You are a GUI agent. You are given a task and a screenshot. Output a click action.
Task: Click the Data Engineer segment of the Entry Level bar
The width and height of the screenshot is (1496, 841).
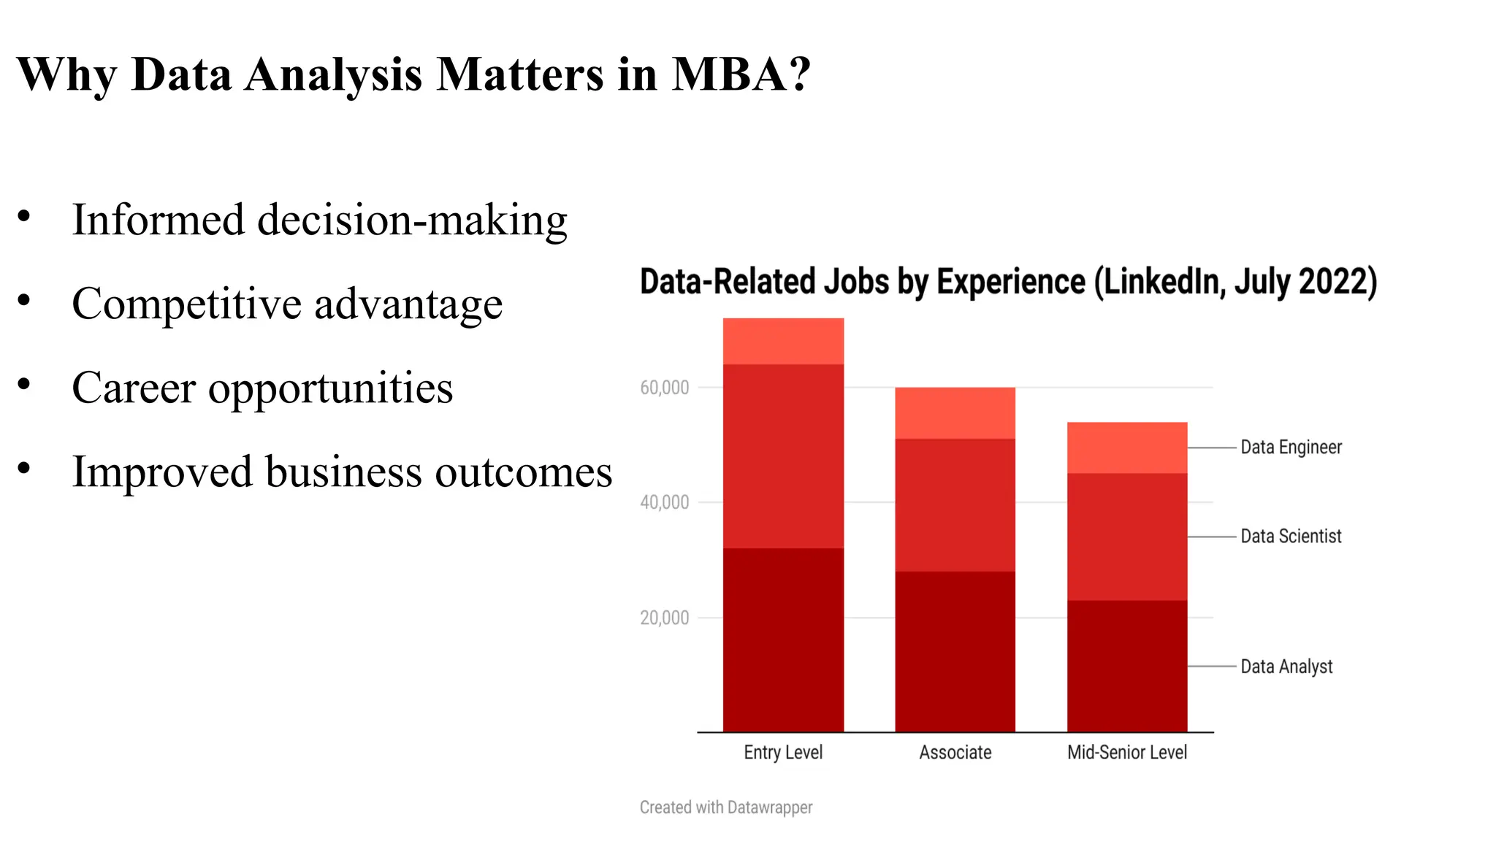[x=783, y=341]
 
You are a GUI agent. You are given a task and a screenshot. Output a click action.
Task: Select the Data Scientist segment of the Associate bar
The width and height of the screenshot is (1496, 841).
[x=955, y=504]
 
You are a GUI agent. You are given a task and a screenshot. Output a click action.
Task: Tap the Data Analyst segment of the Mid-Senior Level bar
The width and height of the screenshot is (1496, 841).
[x=1127, y=666]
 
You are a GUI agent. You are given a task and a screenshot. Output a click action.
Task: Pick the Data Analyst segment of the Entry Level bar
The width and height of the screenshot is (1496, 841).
[x=783, y=640]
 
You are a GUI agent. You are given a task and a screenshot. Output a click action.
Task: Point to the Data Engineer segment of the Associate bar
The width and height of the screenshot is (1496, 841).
[x=955, y=412]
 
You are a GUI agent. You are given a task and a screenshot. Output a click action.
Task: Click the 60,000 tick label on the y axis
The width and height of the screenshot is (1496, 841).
[x=664, y=388]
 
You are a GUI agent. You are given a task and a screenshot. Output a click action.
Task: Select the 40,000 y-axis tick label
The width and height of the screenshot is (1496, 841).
[x=664, y=502]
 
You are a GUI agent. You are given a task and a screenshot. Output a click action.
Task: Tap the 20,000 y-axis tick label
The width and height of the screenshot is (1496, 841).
[x=664, y=618]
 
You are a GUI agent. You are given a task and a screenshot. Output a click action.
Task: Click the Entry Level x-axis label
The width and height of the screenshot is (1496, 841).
[x=783, y=752]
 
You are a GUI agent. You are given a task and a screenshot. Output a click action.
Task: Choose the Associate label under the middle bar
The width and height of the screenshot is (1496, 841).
[x=955, y=752]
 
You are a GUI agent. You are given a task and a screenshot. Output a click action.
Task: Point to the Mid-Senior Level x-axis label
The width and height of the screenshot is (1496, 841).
[x=1127, y=752]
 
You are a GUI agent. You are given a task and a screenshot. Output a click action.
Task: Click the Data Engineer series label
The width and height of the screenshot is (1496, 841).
[x=1291, y=447]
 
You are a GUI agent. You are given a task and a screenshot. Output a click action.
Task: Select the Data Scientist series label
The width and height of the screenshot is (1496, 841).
[x=1291, y=536]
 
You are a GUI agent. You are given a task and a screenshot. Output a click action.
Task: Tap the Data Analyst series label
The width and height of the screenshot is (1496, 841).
[x=1286, y=666]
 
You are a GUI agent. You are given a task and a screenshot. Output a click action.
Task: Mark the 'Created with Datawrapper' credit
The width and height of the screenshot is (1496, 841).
[x=726, y=807]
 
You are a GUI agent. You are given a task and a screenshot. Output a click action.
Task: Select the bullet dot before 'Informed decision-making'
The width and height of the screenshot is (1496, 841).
[x=24, y=216]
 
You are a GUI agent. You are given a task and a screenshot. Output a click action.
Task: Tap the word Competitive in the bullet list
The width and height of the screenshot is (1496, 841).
[x=186, y=304]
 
